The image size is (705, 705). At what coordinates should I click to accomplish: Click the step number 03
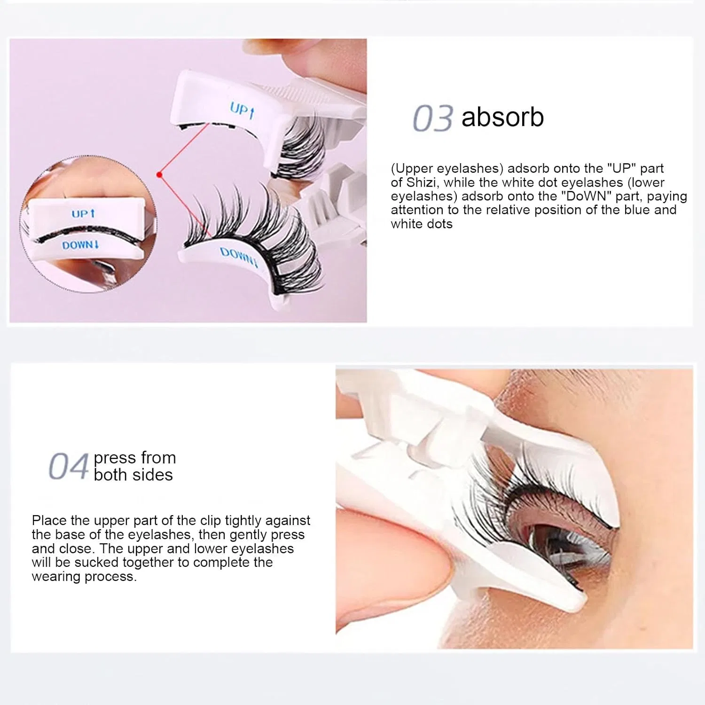point(433,118)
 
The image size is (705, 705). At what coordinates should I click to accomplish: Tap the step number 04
point(69,466)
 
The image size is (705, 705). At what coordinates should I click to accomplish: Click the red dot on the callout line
point(159,175)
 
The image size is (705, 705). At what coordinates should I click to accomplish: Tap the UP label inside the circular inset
point(83,214)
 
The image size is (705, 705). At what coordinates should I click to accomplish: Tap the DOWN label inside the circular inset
point(80,245)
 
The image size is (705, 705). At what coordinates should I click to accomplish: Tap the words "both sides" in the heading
point(133,475)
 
